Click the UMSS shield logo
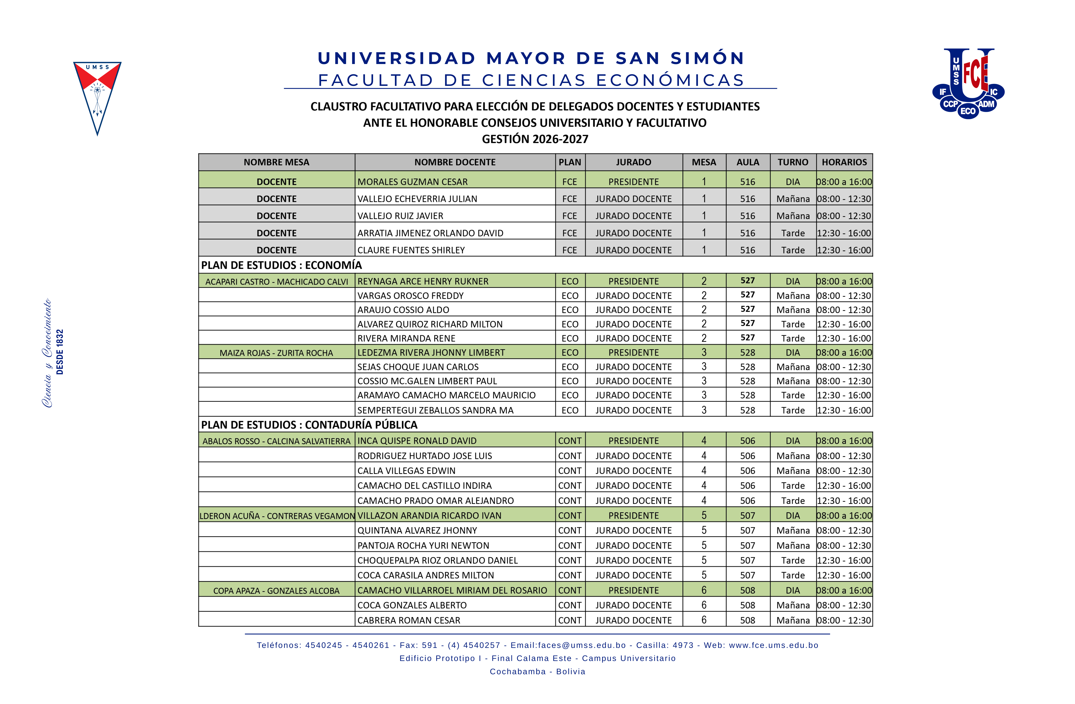point(97,97)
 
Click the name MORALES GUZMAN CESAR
point(412,182)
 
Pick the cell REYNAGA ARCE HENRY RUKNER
point(423,281)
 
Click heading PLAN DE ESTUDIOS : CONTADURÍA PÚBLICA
point(309,425)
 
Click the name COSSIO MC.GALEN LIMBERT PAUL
point(427,381)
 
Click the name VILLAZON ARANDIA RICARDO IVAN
point(429,516)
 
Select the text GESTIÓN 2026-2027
point(535,139)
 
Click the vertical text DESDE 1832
point(60,352)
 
